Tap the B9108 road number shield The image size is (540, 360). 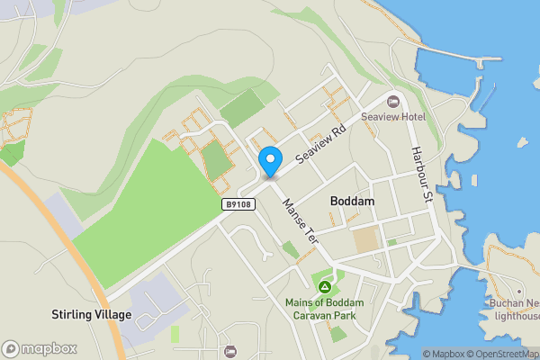coord(238,205)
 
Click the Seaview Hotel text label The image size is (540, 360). coord(392,117)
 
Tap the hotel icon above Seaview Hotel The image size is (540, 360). coord(392,101)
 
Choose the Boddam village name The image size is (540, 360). coord(352,202)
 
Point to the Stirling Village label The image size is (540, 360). coord(91,315)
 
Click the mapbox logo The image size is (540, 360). coord(40,348)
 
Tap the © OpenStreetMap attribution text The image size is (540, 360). coord(505,354)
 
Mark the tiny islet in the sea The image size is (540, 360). coord(521,142)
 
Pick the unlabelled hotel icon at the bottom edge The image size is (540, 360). coord(229,351)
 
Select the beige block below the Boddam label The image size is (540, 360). coord(365,240)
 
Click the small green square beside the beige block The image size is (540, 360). coord(391,242)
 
